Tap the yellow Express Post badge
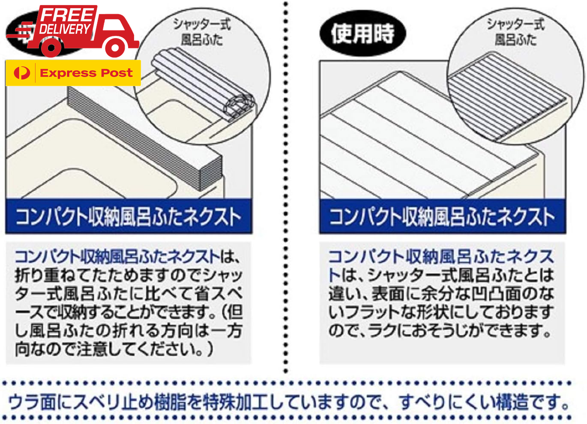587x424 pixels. pyautogui.click(x=73, y=73)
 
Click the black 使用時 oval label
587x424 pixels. pyautogui.click(x=362, y=33)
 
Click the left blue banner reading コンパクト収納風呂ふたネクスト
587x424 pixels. pyautogui.click(x=128, y=217)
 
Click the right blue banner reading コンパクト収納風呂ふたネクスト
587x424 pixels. pyautogui.click(x=442, y=217)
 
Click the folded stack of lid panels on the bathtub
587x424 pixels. pyautogui.click(x=146, y=137)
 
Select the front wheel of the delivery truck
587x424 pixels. pyautogui.click(x=115, y=48)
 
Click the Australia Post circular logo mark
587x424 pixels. pyautogui.click(x=21, y=73)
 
